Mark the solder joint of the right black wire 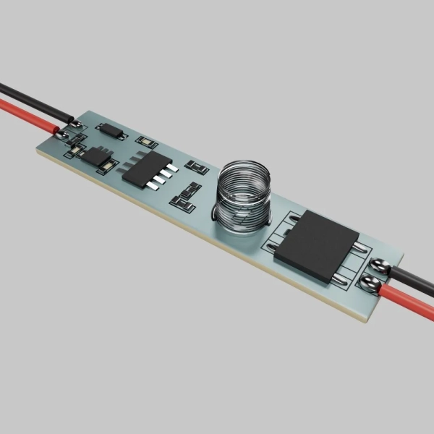point(380,268)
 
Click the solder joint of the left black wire point(76,124)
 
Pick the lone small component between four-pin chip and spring point(197,168)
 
